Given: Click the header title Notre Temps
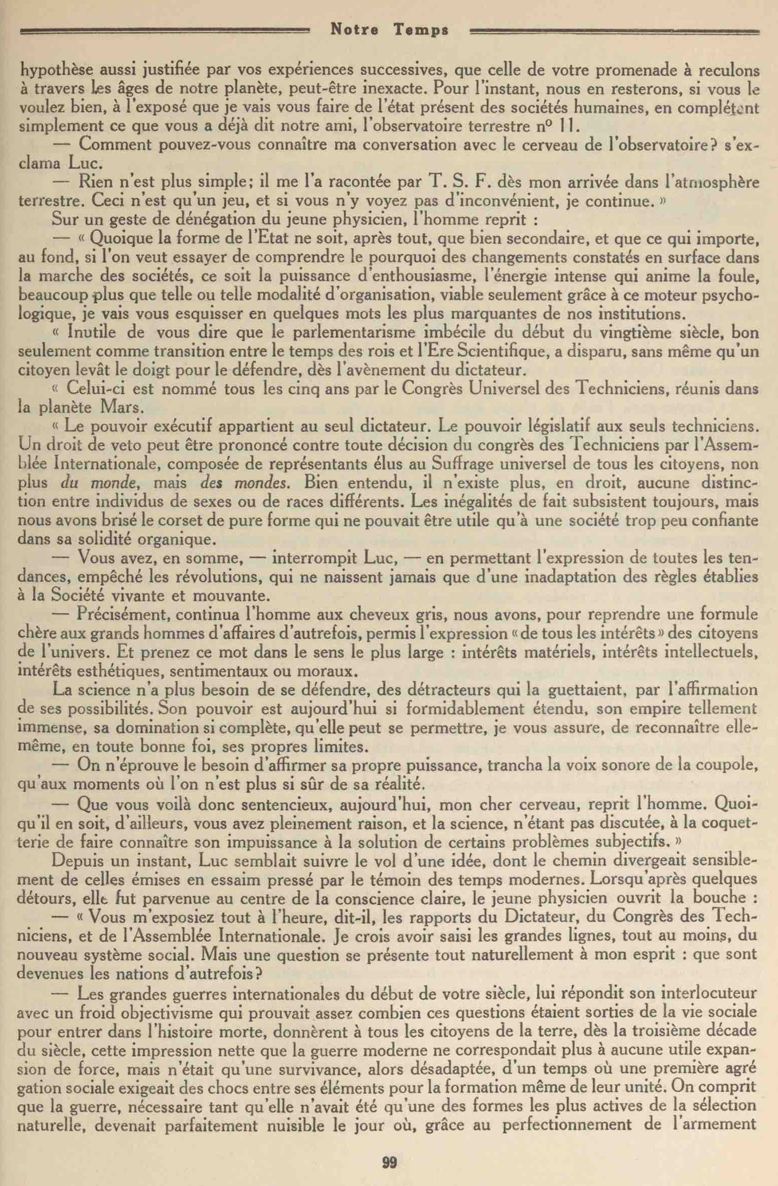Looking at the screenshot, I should (389, 31).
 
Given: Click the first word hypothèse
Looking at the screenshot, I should (55, 70).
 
